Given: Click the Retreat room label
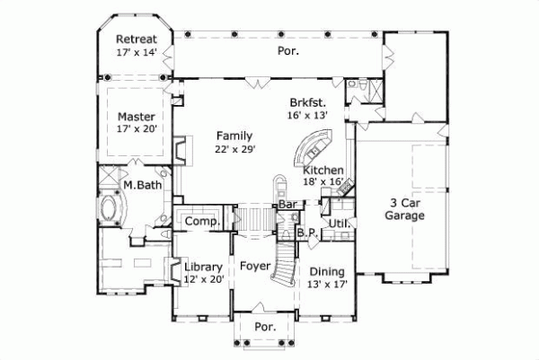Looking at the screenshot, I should [x=137, y=40].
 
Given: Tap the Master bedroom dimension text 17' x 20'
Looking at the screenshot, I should [x=137, y=129].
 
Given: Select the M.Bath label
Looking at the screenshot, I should [x=141, y=185].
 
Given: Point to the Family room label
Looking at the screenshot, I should [x=234, y=136].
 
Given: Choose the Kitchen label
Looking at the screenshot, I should [x=323, y=170].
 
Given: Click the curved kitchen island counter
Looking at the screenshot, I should [x=315, y=147].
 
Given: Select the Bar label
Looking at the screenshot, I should [x=287, y=205].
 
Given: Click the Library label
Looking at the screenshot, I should [x=202, y=267].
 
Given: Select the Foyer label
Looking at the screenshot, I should [x=254, y=267].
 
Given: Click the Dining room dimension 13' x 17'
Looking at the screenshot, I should [x=327, y=284].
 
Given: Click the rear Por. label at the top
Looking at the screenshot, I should [x=287, y=51].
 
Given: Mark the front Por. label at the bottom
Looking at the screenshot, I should [x=264, y=327].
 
